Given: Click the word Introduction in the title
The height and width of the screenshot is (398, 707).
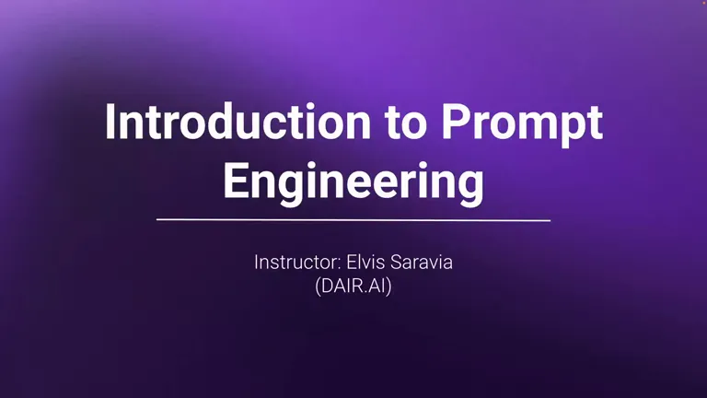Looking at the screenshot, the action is (238, 122).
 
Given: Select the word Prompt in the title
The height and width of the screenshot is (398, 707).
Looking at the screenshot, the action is (522, 125).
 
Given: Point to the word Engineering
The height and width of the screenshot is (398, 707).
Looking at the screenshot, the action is (353, 183).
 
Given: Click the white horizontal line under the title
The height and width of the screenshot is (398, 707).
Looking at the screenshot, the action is (353, 220).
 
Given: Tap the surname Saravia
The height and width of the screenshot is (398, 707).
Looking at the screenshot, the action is (421, 263).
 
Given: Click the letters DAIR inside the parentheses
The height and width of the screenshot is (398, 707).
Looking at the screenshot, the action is (342, 287).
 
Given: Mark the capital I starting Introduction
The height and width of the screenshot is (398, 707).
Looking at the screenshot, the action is (109, 122).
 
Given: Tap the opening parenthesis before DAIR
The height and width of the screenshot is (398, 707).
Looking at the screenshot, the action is (318, 287).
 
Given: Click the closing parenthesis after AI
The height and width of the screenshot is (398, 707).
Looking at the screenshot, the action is (389, 287).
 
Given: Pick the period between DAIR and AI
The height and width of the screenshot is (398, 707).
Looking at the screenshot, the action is (366, 292).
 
